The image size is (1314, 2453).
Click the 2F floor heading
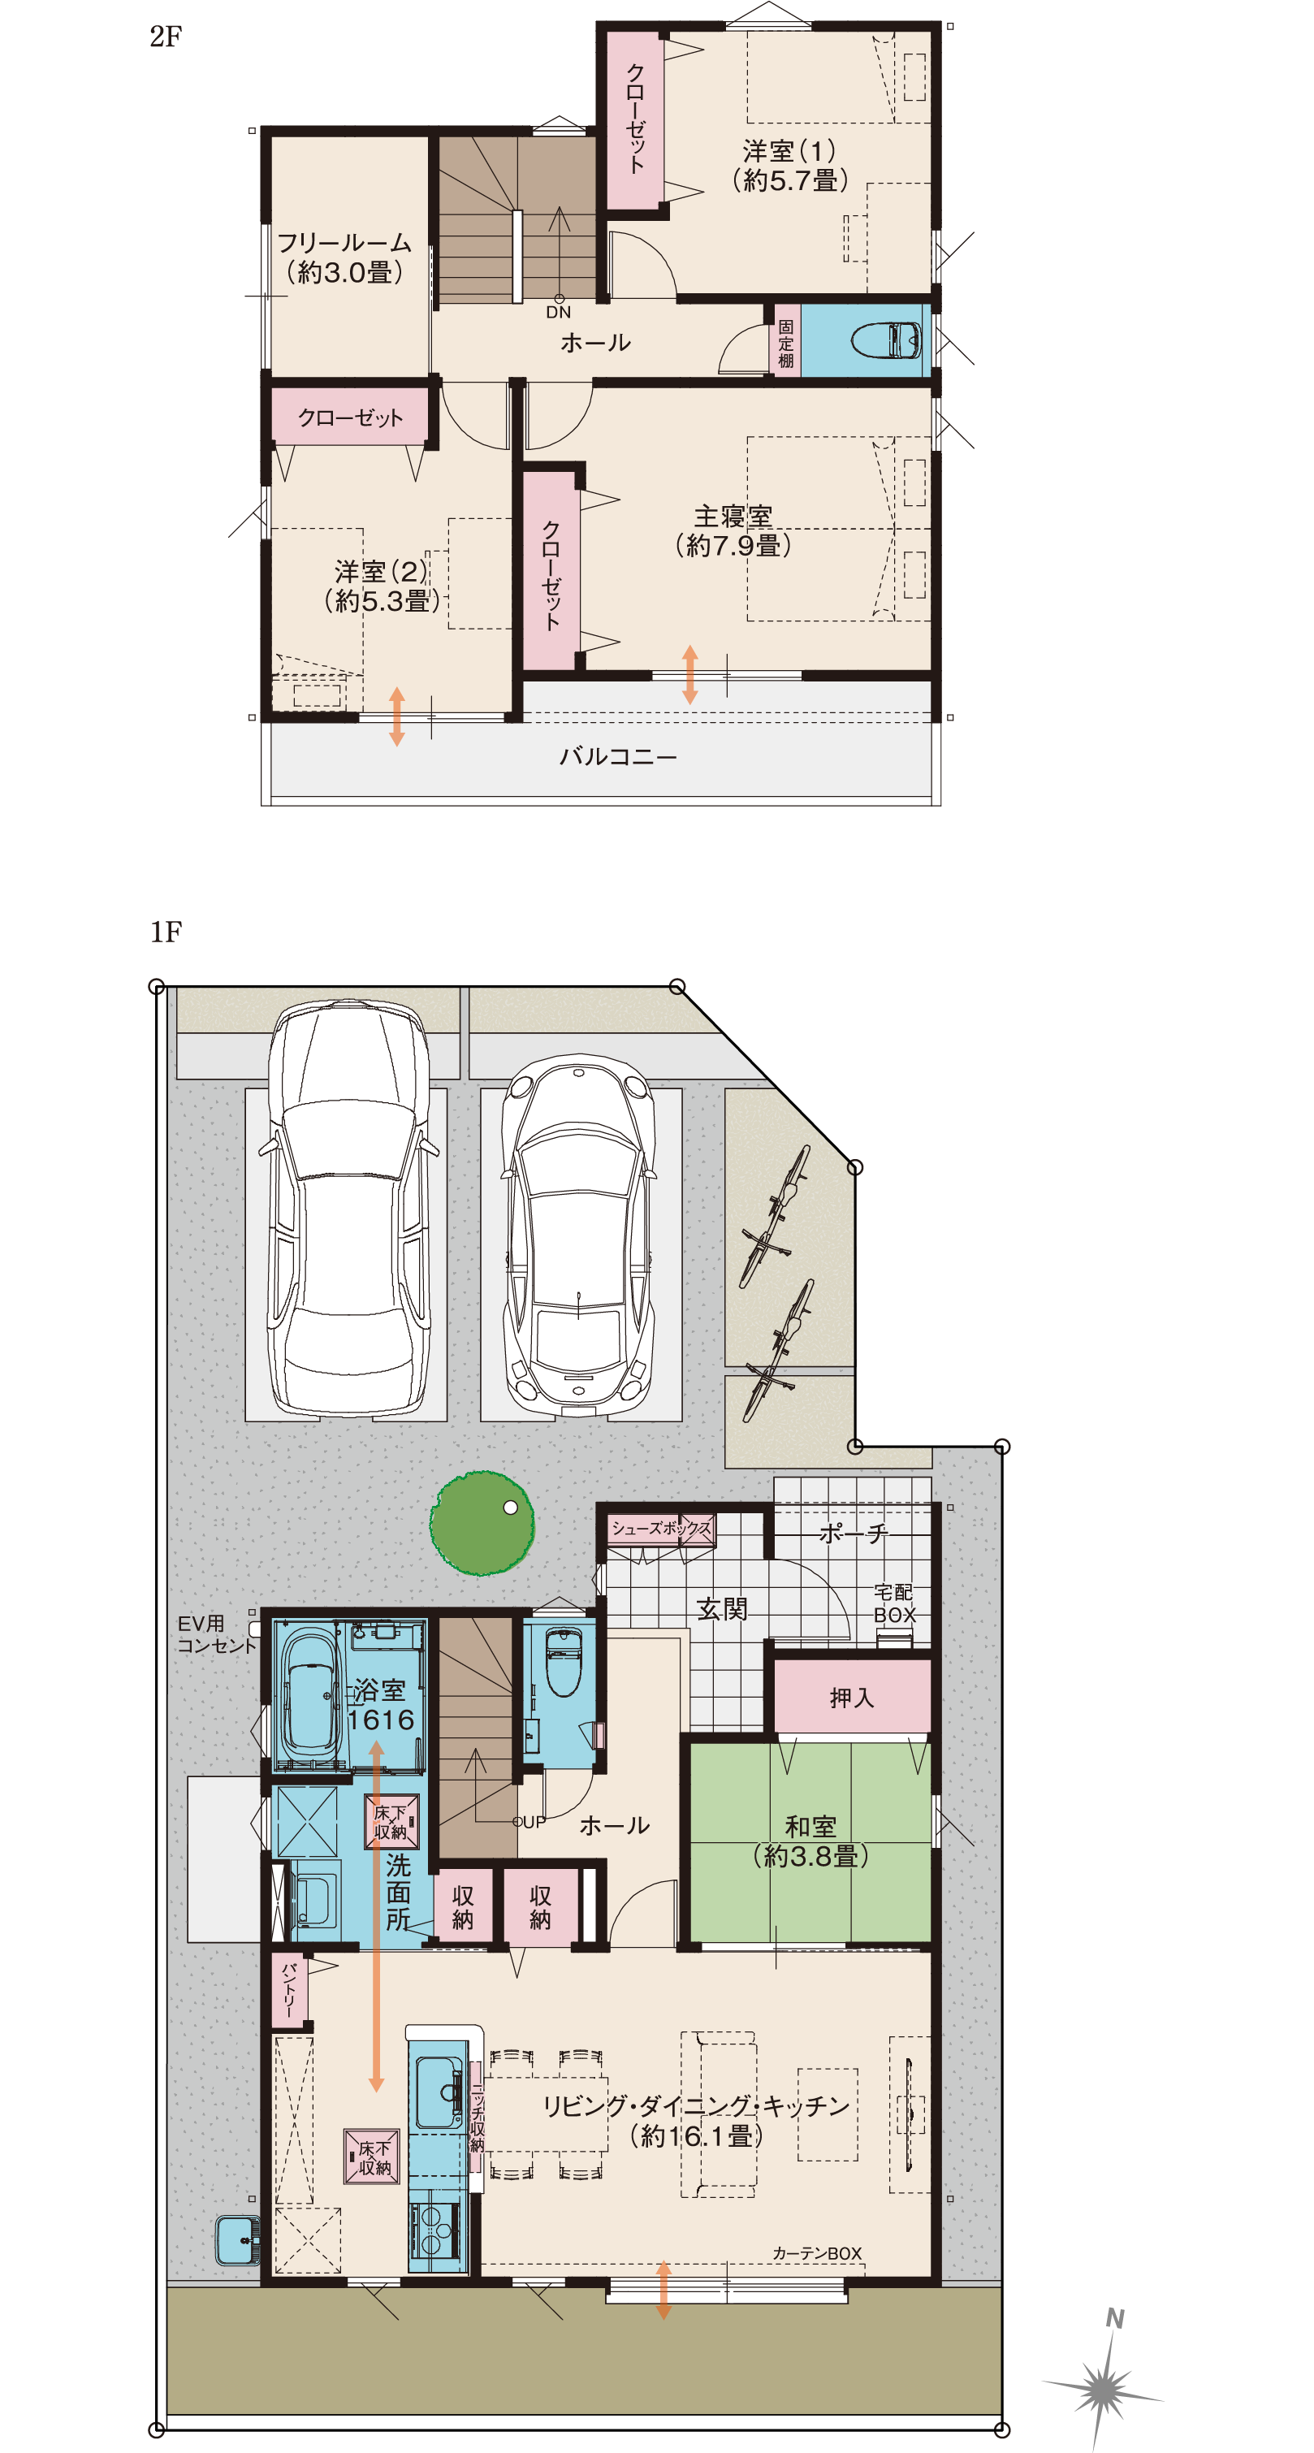click(x=166, y=37)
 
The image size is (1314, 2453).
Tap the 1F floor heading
click(x=166, y=932)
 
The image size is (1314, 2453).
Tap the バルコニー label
click(x=618, y=757)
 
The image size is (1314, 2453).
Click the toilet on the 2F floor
click(x=885, y=340)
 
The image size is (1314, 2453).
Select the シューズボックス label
click(x=661, y=1529)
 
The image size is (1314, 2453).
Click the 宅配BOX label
click(x=894, y=1603)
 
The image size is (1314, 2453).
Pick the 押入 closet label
click(x=851, y=1698)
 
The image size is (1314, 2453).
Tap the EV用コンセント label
click(x=216, y=1635)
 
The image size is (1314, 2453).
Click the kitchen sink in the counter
click(x=439, y=2092)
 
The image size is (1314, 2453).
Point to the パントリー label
click(x=289, y=1989)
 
